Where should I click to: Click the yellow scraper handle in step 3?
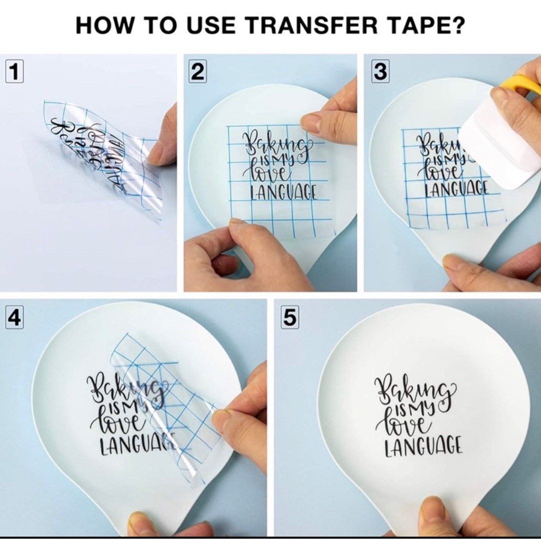tap(523, 83)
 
